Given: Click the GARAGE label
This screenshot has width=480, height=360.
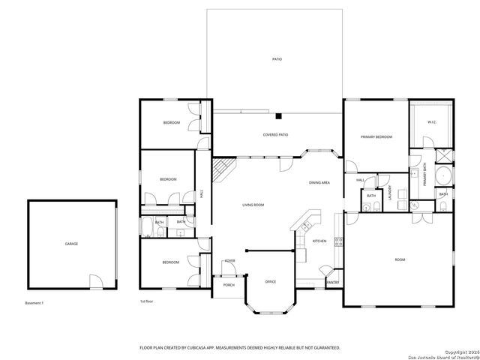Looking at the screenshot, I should click(x=72, y=244).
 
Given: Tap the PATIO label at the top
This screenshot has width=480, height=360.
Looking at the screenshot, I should click(x=277, y=58).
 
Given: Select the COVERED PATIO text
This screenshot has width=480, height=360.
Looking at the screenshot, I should click(x=275, y=135).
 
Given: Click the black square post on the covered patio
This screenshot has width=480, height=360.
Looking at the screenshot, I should click(x=277, y=116).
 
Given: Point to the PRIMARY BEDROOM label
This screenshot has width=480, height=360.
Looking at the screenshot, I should click(x=376, y=137).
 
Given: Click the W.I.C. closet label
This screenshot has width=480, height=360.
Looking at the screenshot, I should click(x=432, y=121).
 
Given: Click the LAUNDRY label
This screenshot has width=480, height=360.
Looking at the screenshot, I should click(x=390, y=193).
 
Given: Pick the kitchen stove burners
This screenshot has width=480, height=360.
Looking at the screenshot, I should click(x=338, y=241).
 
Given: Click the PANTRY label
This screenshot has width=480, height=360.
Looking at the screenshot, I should click(x=332, y=282).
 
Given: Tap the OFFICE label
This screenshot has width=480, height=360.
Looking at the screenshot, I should click(x=271, y=281).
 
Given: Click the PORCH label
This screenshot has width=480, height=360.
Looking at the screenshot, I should click(x=229, y=286).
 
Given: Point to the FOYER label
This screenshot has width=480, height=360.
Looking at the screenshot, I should click(x=229, y=260).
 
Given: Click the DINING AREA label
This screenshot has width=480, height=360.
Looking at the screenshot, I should click(x=319, y=183).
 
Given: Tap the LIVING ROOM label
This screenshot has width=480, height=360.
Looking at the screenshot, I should click(x=253, y=205).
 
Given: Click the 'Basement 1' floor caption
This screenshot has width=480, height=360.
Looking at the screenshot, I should click(x=34, y=302).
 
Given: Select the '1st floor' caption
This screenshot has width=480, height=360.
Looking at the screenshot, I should click(x=147, y=301).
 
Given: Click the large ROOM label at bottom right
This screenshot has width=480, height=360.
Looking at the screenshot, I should click(x=400, y=259).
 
